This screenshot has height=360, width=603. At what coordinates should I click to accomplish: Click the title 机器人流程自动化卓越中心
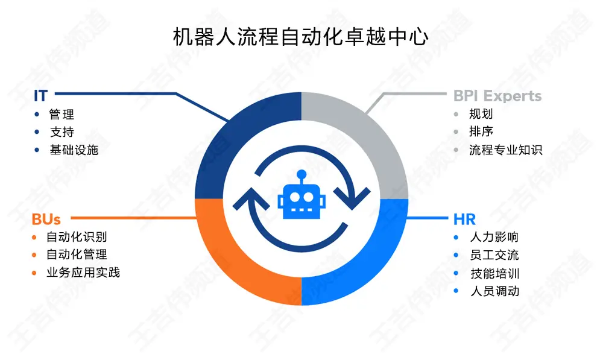(301, 37)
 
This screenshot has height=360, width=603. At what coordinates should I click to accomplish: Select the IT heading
(41, 95)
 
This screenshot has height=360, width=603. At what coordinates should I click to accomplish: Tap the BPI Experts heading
(497, 96)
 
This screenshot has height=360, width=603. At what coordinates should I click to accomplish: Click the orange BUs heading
(46, 219)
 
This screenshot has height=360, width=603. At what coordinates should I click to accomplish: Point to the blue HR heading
(464, 219)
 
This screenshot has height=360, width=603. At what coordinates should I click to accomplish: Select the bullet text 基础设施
(74, 150)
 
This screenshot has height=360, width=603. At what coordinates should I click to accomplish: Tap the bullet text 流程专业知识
(505, 150)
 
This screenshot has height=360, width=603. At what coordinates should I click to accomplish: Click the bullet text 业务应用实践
(83, 273)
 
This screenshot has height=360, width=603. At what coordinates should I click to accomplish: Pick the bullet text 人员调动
(494, 291)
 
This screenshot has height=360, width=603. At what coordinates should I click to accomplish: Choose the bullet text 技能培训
(494, 273)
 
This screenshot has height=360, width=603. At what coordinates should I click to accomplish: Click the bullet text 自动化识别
(77, 237)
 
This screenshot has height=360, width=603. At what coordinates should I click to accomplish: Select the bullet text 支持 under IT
(62, 132)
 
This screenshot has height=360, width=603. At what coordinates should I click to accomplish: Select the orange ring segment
(241, 259)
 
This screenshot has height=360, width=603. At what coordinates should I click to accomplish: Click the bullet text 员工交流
(494, 255)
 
